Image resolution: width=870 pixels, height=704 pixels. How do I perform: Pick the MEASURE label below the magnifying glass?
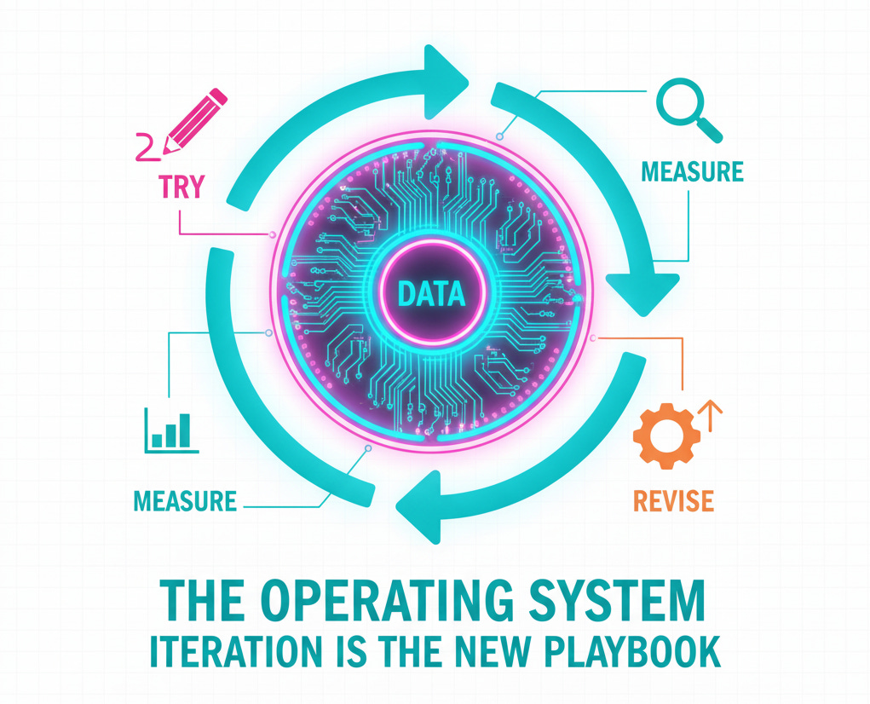pos(692,171)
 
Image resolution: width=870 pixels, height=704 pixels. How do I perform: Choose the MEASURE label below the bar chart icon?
pos(185,499)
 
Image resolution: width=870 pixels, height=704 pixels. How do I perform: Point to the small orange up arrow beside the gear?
pos(709,414)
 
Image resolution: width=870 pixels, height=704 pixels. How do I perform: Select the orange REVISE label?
pos(673,499)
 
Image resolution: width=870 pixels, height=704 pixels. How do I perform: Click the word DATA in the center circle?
pos(431,295)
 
